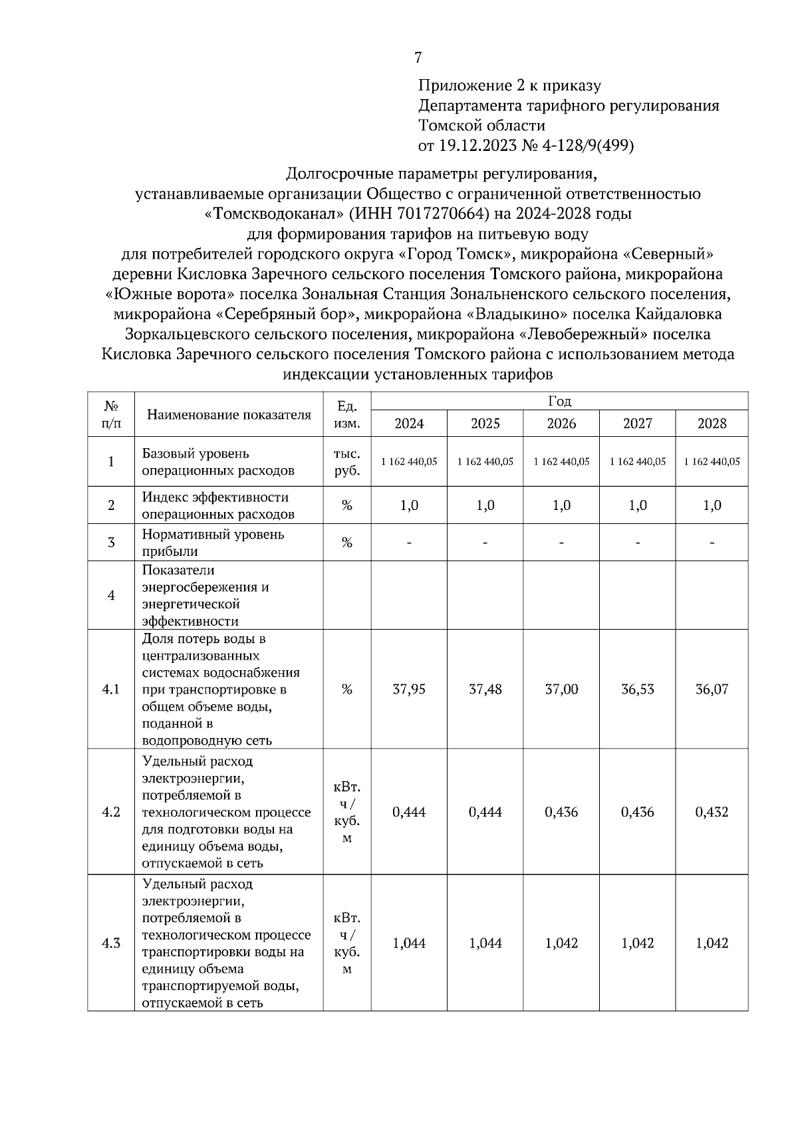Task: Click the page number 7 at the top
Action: pyautogui.click(x=418, y=58)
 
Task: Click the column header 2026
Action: pyautogui.click(x=561, y=424)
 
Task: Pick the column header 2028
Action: pyautogui.click(x=712, y=424)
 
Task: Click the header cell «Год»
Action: pyautogui.click(x=559, y=401)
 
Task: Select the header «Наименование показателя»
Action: pyautogui.click(x=229, y=415)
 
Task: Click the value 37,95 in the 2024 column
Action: pyautogui.click(x=409, y=690)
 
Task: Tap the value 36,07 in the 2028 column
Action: pyautogui.click(x=712, y=690)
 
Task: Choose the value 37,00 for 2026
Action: pyautogui.click(x=561, y=690)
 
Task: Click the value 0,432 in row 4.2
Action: pyautogui.click(x=712, y=812)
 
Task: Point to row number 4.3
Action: pyautogui.click(x=111, y=943)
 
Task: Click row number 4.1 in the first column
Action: pyautogui.click(x=111, y=690)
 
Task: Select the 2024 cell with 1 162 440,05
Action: pyautogui.click(x=409, y=462)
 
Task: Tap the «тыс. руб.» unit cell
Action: pyautogui.click(x=346, y=462)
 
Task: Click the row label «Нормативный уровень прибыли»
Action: pyautogui.click(x=213, y=543)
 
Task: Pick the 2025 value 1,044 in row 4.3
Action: pyautogui.click(x=485, y=943)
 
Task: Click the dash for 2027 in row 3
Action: pyautogui.click(x=637, y=543)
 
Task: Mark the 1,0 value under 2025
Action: pyautogui.click(x=485, y=505)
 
